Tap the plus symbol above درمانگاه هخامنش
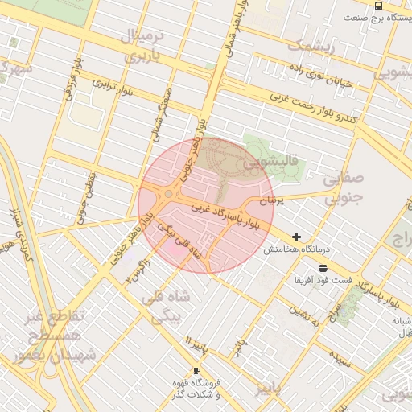pos(298,237)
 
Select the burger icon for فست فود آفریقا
pos(323,267)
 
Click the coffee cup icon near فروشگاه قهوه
pos(197,371)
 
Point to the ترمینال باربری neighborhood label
pos(142,46)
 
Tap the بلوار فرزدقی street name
pos(73,73)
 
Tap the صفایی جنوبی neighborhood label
pos(344,190)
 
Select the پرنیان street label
pos(272,198)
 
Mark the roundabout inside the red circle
pos(168,194)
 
